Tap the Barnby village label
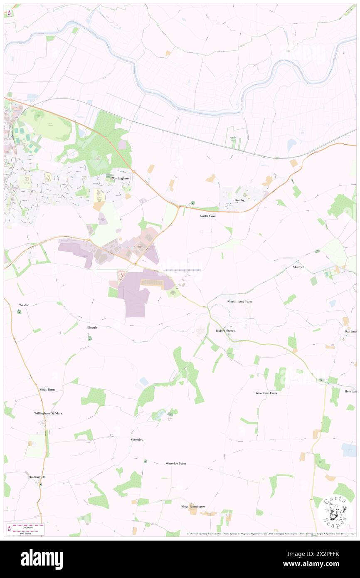pos(239,200)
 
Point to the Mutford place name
pos(299,267)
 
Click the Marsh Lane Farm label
pos(239,301)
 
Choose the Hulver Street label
pos(225,331)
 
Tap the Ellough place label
pos(91,328)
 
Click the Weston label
pos(24,305)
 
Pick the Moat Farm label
pos(47,390)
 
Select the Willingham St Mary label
pos(48,413)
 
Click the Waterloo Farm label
pos(176,463)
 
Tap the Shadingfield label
pos(37,477)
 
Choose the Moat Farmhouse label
pos(193,506)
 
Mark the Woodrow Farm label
pos(266,393)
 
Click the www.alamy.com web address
pos(318,564)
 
